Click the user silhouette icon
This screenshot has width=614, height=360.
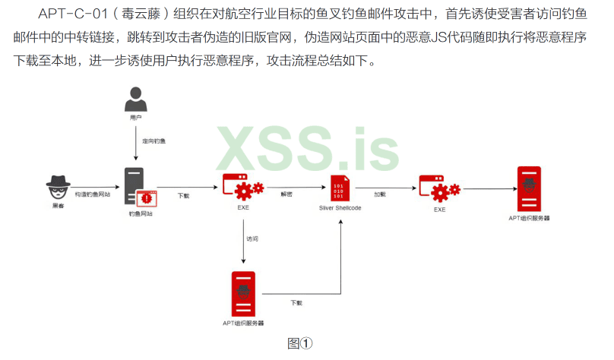click(x=136, y=99)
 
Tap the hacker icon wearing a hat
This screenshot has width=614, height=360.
click(x=59, y=185)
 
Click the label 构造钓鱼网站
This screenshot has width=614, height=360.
click(x=93, y=195)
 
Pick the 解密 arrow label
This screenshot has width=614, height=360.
click(x=286, y=194)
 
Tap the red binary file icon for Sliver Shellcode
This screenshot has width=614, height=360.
click(x=339, y=188)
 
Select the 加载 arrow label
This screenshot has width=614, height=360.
click(x=380, y=194)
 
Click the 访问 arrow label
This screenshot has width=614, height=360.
click(x=252, y=238)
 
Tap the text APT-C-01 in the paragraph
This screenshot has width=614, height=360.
click(x=70, y=13)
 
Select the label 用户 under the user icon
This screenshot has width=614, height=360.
click(x=136, y=118)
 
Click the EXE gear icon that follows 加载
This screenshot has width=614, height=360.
click(x=439, y=188)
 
